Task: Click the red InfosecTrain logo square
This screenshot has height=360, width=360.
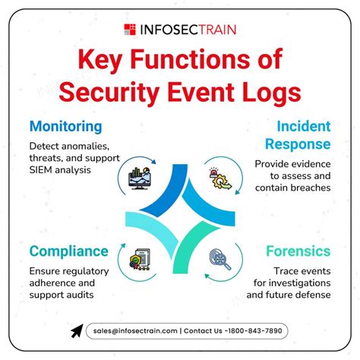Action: pos(130,30)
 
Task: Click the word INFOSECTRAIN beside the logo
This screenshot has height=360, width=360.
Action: pos(187,30)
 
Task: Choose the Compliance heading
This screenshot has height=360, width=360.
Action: pos(69,251)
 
